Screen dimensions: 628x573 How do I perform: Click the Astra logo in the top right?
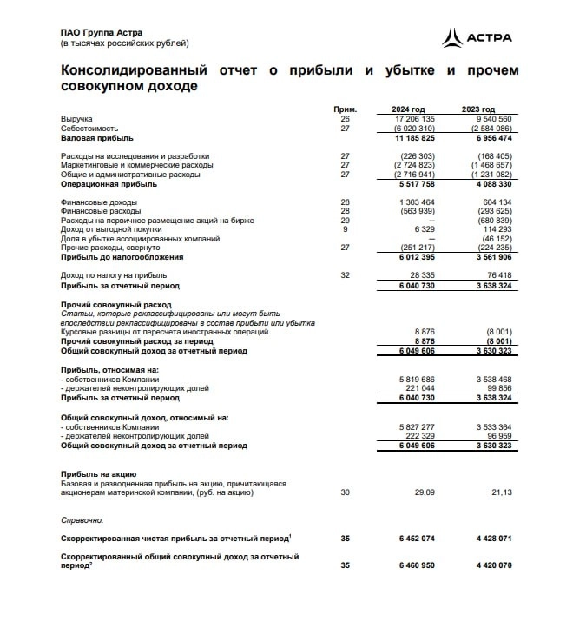[477, 37]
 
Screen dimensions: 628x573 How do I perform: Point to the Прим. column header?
[345, 109]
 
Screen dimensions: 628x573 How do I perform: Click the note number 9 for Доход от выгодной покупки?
[345, 229]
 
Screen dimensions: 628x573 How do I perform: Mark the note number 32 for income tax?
[345, 275]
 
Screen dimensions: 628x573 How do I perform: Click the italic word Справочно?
[82, 519]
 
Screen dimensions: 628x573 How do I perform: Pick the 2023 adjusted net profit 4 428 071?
[493, 539]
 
